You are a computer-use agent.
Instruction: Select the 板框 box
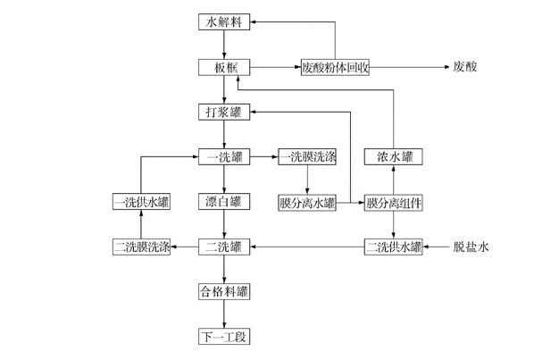click(223, 67)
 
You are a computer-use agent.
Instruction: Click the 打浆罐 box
click(223, 112)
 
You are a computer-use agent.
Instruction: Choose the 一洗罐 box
click(223, 157)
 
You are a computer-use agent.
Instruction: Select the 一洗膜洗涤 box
click(307, 157)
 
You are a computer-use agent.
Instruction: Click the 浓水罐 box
click(394, 157)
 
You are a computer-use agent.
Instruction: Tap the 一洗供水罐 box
click(141, 202)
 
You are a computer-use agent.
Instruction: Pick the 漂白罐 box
click(223, 202)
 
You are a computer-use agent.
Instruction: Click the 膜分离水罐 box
click(307, 202)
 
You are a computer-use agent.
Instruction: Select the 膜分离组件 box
click(394, 202)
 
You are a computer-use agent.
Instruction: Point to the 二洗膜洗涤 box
click(141, 246)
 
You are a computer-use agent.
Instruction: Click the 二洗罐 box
click(223, 246)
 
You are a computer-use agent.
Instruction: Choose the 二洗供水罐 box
click(394, 246)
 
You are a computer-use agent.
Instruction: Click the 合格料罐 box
click(223, 291)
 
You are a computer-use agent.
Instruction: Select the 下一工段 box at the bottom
click(223, 336)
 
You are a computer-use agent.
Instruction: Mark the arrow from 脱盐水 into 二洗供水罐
click(436, 246)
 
